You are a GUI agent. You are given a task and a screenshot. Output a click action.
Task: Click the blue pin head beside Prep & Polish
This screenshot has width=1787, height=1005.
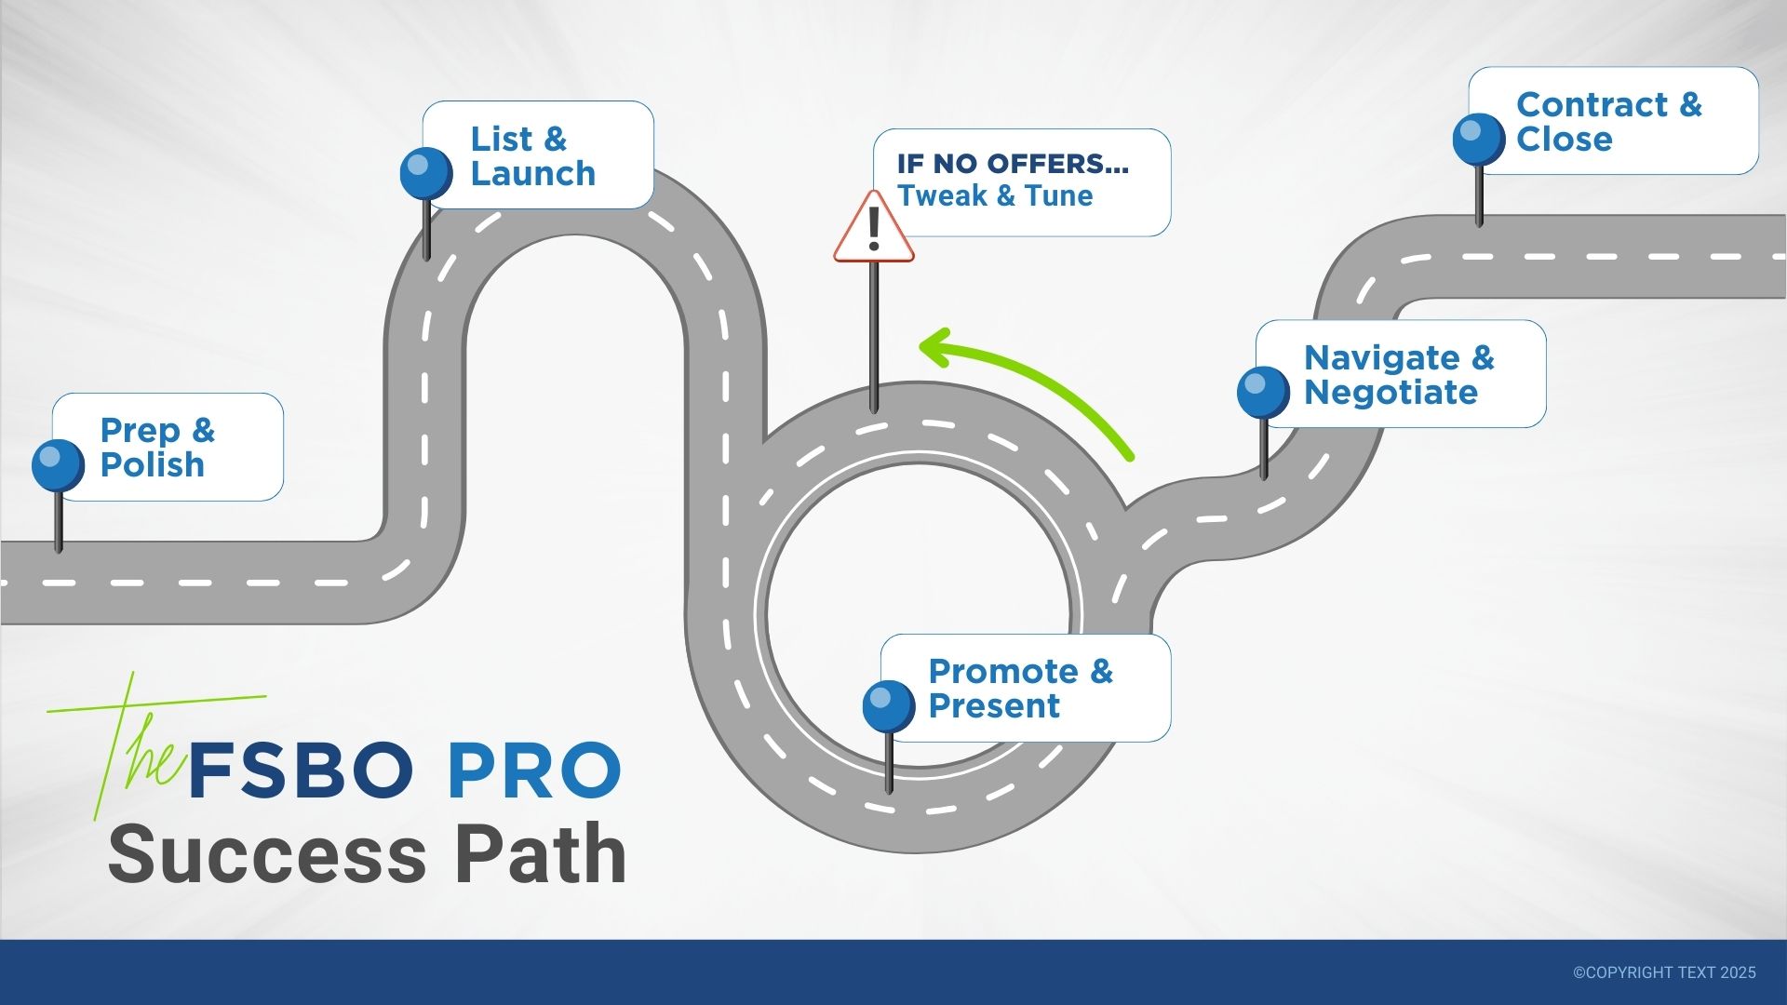tap(58, 465)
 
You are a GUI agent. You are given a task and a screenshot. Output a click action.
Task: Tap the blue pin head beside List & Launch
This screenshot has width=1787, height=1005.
tap(426, 173)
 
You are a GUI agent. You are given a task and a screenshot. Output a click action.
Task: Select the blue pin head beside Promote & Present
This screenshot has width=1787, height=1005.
tap(889, 706)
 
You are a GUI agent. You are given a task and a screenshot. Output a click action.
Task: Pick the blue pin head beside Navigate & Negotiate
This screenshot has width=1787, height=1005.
tap(1263, 392)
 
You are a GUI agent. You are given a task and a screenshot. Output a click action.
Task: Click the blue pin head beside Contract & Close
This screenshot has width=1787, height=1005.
tap(1479, 140)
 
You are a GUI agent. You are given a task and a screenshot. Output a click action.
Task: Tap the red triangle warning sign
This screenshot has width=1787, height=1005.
tap(873, 230)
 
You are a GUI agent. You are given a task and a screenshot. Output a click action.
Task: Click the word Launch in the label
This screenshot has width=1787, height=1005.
tap(532, 174)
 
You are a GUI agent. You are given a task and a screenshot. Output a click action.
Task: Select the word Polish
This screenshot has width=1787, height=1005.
tap(152, 464)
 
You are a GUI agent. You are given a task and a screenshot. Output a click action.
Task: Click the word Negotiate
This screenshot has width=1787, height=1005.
tap(1391, 393)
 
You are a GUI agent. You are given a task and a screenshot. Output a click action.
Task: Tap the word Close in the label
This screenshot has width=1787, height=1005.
tap(1564, 140)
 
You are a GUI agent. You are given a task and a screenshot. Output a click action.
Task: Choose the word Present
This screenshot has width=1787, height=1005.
tap(994, 706)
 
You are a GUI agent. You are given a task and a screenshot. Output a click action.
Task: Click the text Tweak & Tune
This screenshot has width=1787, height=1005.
tap(994, 196)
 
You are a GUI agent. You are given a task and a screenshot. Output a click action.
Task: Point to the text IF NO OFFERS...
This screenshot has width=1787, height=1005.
tap(1013, 164)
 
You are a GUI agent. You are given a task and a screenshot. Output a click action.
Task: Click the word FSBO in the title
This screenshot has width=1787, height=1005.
tap(301, 770)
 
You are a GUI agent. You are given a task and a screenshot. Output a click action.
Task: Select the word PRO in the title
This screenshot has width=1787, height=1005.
tap(534, 770)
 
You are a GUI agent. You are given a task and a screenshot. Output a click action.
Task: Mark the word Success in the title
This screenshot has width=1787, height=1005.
tap(268, 854)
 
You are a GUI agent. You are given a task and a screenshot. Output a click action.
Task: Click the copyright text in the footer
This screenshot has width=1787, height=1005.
tap(1664, 972)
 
